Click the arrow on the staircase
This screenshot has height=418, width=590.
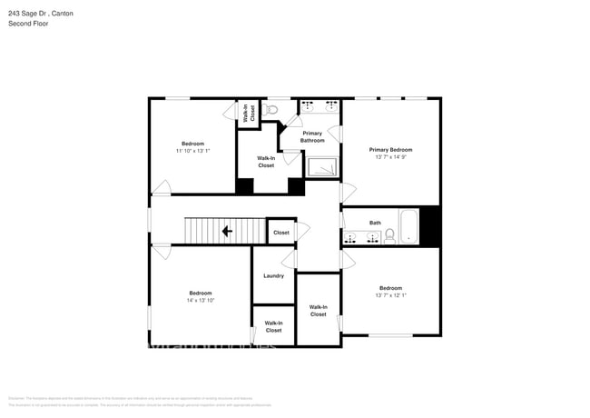click(227, 231)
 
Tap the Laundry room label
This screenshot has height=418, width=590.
click(273, 276)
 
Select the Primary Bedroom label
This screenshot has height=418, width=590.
click(390, 150)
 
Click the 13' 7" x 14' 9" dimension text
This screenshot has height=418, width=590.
click(390, 158)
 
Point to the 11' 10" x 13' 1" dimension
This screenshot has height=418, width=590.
click(192, 151)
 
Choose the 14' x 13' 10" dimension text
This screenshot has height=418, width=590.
click(200, 300)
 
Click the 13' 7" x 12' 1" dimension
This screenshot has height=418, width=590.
click(390, 294)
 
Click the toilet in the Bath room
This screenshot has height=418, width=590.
click(389, 235)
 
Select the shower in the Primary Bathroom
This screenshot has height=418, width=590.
click(320, 167)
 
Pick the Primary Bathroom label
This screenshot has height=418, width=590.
click(312, 137)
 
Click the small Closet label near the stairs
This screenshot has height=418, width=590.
click(281, 233)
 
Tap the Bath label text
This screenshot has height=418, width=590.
click(375, 223)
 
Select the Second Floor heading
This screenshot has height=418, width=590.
click(30, 24)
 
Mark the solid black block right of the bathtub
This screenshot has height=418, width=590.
click(430, 225)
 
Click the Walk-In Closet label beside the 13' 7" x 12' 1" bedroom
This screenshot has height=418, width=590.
click(318, 311)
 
